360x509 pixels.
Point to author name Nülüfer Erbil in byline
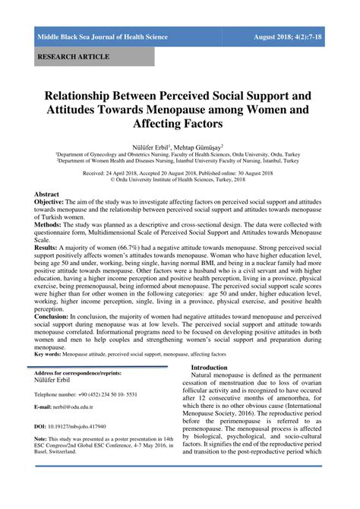click(154, 143)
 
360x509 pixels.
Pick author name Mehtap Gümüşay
click(202, 143)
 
